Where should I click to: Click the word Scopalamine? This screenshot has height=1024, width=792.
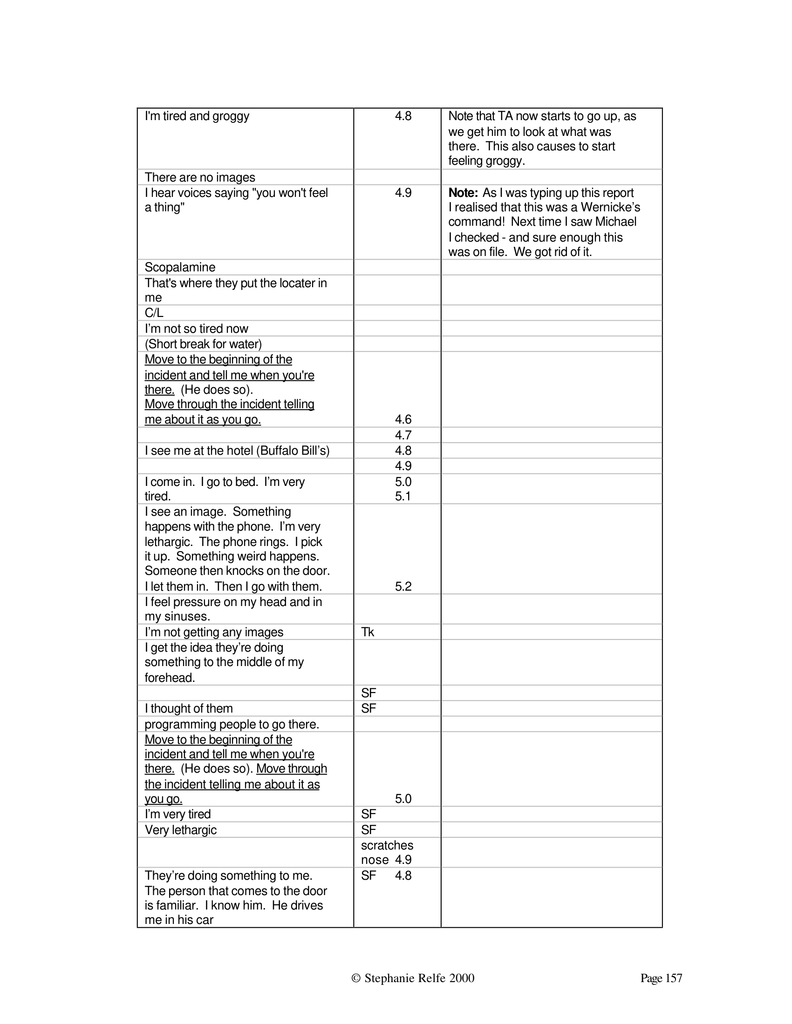tap(180, 267)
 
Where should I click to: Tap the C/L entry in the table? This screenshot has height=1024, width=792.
tap(154, 313)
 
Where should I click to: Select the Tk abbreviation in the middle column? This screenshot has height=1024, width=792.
tap(368, 632)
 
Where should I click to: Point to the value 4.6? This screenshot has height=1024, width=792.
tap(403, 419)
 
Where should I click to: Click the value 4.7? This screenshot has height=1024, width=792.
tap(403, 435)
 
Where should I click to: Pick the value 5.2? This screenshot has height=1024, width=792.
tap(403, 586)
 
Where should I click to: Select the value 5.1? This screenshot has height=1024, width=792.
tap(403, 496)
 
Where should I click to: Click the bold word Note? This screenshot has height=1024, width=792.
tap(463, 193)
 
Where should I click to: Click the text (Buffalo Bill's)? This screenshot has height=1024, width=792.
tap(293, 451)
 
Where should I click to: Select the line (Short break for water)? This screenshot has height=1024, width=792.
tap(203, 344)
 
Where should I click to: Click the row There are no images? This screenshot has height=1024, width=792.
tap(200, 177)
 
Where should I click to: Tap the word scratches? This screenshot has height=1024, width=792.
tap(387, 845)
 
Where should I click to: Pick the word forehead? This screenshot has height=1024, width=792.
tap(170, 678)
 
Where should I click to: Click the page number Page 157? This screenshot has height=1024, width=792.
tap(661, 978)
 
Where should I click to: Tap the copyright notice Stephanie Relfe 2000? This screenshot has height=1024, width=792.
tap(413, 978)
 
